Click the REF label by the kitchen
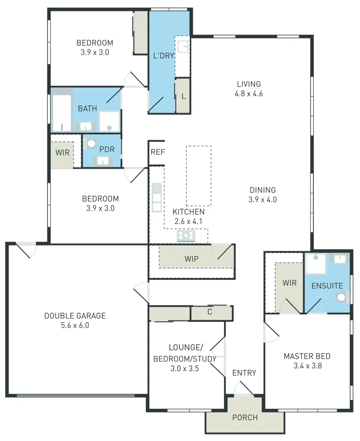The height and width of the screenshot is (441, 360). coord(157,152)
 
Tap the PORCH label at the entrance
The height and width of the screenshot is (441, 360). coord(245,417)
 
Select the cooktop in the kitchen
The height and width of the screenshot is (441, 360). coord(186,236)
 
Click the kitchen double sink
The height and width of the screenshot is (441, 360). coord(157,198)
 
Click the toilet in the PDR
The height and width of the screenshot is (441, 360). coord(92,143)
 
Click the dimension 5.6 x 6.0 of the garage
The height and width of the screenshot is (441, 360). coord(75,325)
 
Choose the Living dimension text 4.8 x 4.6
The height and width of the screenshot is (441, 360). coord(248,94)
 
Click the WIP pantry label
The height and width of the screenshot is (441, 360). coord(191,259)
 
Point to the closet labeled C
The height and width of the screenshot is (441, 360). coord(210,312)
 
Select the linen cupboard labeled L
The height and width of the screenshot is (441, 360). coord(183,96)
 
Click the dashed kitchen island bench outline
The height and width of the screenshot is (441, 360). coord(199,176)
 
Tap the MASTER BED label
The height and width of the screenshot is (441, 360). coord(307,356)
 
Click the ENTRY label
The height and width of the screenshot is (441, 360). coord(244,373)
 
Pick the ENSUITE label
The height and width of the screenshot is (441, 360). coord(327,286)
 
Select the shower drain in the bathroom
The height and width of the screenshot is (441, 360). coord(110,128)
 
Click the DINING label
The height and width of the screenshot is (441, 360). coord(262,190)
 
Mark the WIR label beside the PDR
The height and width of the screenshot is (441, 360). coord(63,153)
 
